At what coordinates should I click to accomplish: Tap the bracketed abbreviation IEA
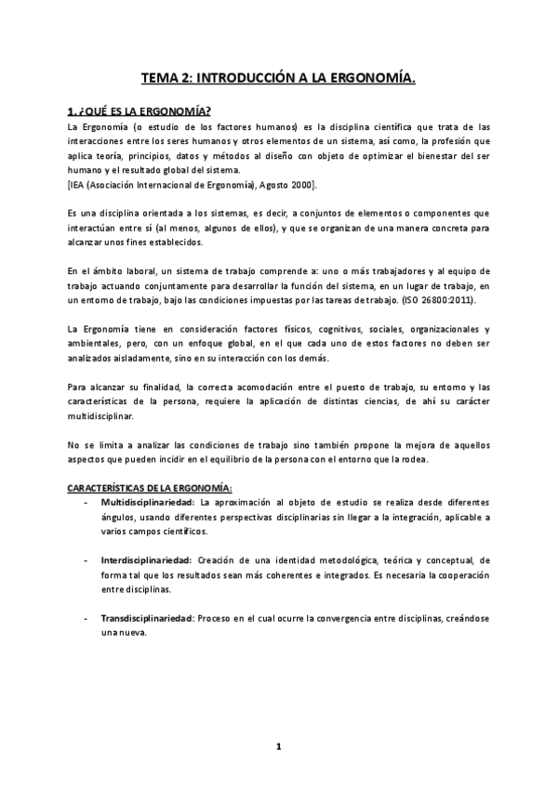point(79,186)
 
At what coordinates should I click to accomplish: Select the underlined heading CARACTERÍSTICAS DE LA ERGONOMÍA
point(153,489)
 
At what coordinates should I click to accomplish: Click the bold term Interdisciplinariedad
point(146,560)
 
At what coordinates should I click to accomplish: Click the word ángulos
point(116,517)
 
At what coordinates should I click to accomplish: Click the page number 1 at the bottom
point(278,744)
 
